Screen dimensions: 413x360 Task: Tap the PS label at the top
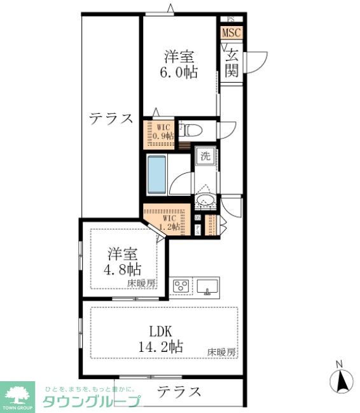click(230, 19)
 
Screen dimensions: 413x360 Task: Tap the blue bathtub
click(157, 175)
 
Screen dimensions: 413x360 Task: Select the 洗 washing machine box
click(205, 157)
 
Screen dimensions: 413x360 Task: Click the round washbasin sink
click(205, 202)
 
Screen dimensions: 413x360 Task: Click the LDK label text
click(161, 332)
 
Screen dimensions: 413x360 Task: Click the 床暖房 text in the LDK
click(221, 352)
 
